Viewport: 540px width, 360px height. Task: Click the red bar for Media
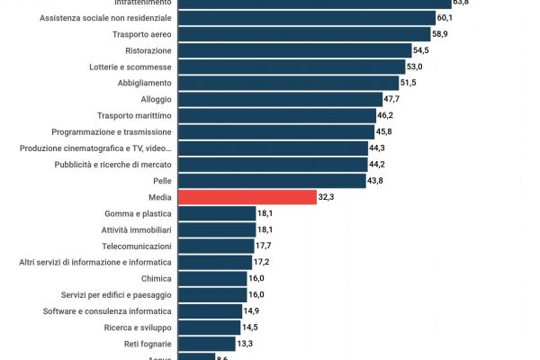247,197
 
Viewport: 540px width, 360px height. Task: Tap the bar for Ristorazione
294,50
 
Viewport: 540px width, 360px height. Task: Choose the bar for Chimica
212,278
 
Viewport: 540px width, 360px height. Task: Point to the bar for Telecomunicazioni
216,246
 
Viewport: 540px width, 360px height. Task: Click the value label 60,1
444,18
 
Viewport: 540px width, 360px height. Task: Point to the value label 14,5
250,328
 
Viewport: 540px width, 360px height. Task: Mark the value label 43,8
375,181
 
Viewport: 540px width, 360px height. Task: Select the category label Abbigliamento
144,83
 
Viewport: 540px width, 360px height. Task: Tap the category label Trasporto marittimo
134,115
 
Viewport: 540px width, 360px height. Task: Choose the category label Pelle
162,181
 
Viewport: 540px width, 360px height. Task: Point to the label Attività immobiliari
136,229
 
